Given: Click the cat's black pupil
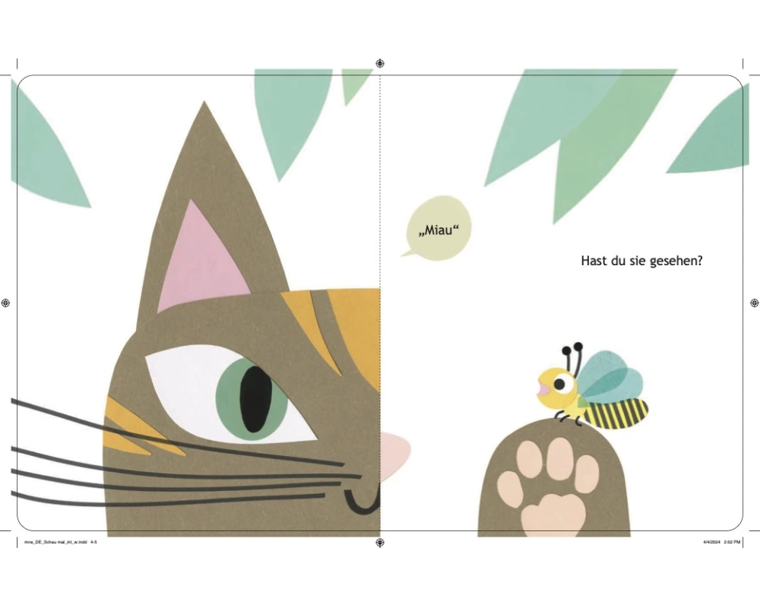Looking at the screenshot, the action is [x=255, y=398].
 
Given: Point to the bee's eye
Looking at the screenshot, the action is [x=559, y=385].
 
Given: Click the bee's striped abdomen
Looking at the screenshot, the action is [x=616, y=413].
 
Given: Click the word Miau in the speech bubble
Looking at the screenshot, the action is [x=439, y=230].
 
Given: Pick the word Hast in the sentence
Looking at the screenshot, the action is [x=592, y=261].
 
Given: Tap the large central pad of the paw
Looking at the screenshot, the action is [x=553, y=515].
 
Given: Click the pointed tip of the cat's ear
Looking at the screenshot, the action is [x=204, y=101].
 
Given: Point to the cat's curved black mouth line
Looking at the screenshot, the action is [x=361, y=502].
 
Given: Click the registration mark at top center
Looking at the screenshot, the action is [x=380, y=64].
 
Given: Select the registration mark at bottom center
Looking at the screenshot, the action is [x=380, y=543].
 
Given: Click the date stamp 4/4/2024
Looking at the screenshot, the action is [x=712, y=542].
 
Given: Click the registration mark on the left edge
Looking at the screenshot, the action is [x=6, y=303].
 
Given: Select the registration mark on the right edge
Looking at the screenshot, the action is [x=754, y=303].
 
